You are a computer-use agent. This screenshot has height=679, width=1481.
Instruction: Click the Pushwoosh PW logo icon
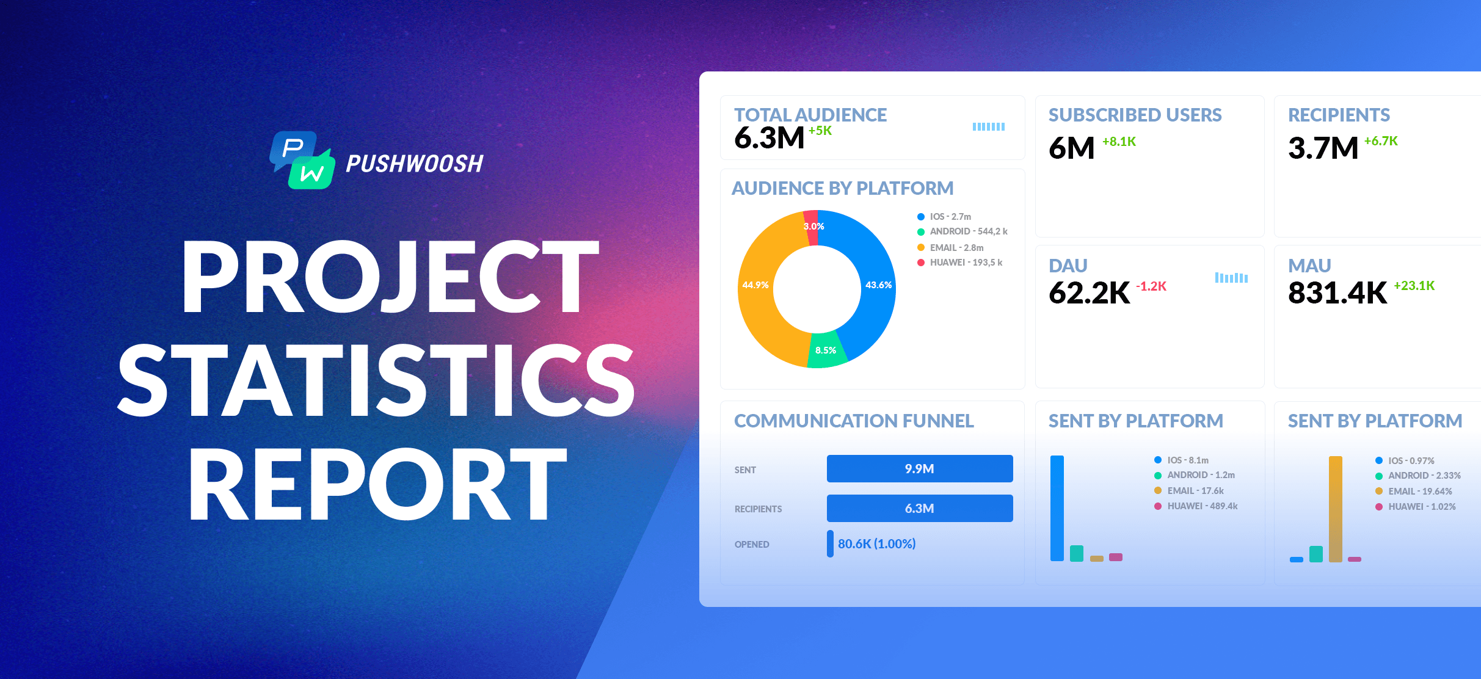coord(303,160)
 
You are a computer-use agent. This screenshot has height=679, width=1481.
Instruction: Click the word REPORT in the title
coord(377,484)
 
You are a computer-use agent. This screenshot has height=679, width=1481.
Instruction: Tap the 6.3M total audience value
coord(769,138)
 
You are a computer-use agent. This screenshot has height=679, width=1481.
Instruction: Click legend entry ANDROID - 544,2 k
coord(968,231)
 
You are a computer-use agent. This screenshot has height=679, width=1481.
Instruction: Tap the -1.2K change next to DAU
coord(1151,286)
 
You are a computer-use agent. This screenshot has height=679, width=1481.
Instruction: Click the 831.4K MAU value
coord(1337,293)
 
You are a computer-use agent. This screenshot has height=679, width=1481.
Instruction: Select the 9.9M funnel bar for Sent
coord(919,469)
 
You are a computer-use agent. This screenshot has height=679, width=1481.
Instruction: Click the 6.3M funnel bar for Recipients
coord(919,509)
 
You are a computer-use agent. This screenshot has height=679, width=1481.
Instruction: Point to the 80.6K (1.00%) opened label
coord(876,544)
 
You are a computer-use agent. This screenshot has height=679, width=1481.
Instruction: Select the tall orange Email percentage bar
coord(1335,508)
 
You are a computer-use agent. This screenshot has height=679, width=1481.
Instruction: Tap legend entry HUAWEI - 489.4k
coord(1202,506)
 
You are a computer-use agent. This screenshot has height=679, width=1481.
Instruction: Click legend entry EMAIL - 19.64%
coord(1419,492)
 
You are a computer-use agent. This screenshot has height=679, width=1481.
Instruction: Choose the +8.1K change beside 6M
coord(1119,142)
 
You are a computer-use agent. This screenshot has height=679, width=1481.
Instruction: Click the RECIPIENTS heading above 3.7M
coord(1339,115)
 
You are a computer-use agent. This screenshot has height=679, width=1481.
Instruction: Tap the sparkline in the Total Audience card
coord(988,127)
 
